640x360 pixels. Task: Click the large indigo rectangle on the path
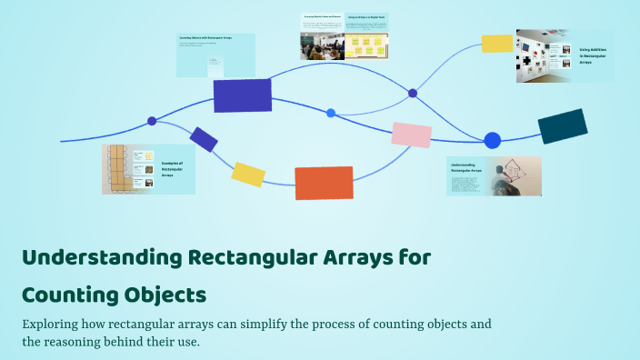pos(242,95)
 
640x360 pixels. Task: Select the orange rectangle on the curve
pos(324,182)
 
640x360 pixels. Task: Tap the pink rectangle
pos(411,135)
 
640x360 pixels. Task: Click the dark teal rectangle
pos(563,126)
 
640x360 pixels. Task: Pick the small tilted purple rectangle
pos(204,139)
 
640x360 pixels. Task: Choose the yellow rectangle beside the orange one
pos(248,174)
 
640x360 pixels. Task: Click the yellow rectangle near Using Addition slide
pos(497,43)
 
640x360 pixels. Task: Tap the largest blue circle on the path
pos(492,140)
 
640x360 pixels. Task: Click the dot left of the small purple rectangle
pos(152,121)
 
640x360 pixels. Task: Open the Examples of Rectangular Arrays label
pos(174,168)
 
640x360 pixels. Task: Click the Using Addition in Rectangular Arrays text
pos(595,56)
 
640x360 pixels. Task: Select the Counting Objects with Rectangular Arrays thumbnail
pos(215,55)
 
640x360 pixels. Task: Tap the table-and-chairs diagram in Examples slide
pos(117,168)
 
